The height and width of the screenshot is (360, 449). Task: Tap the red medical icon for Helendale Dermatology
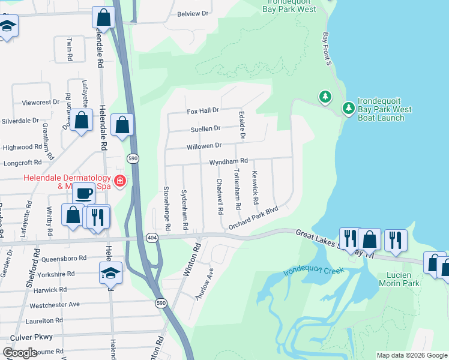[x=120, y=181]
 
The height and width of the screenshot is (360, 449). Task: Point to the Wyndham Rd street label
[x=228, y=161]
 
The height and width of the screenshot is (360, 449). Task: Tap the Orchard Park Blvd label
[x=254, y=218]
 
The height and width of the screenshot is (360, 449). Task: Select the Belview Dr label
[x=193, y=13]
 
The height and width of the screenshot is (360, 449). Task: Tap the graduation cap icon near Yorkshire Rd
[x=111, y=273]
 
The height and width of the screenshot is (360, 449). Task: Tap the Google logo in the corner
[x=20, y=353]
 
